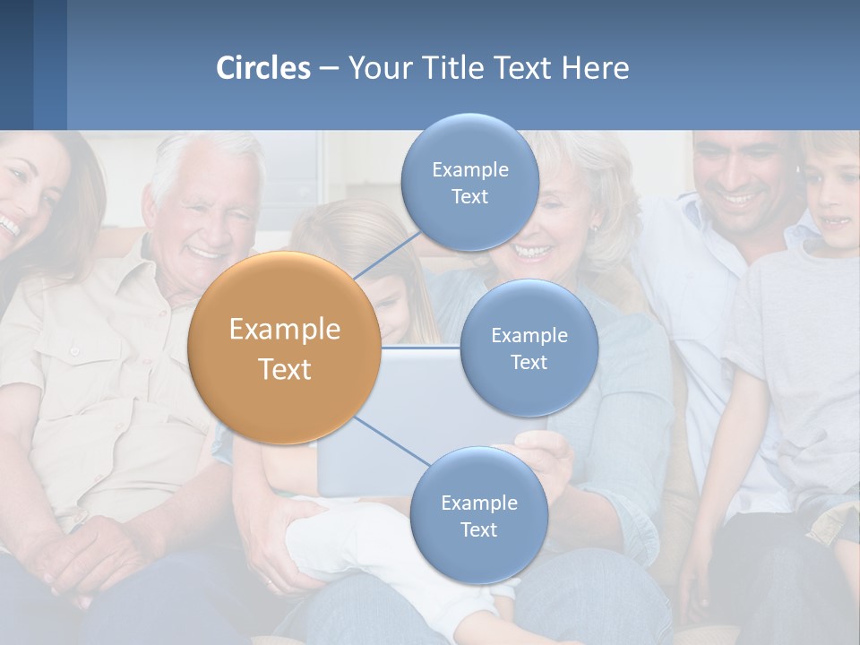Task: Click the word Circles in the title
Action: coord(262,68)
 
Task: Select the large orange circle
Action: coord(284,348)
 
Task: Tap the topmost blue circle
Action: coord(469,182)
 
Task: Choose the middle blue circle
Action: coord(529,348)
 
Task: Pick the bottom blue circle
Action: coord(478,515)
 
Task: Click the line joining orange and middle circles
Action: coord(421,348)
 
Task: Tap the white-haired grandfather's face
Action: coord(208,211)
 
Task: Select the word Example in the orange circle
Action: coord(284,330)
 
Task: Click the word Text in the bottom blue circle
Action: coord(478,529)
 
